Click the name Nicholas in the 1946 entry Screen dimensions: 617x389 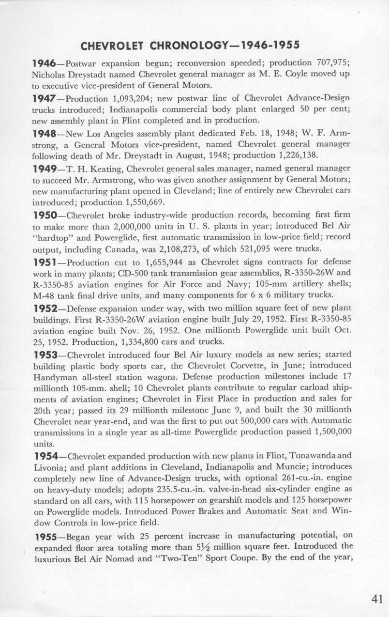(50, 76)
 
